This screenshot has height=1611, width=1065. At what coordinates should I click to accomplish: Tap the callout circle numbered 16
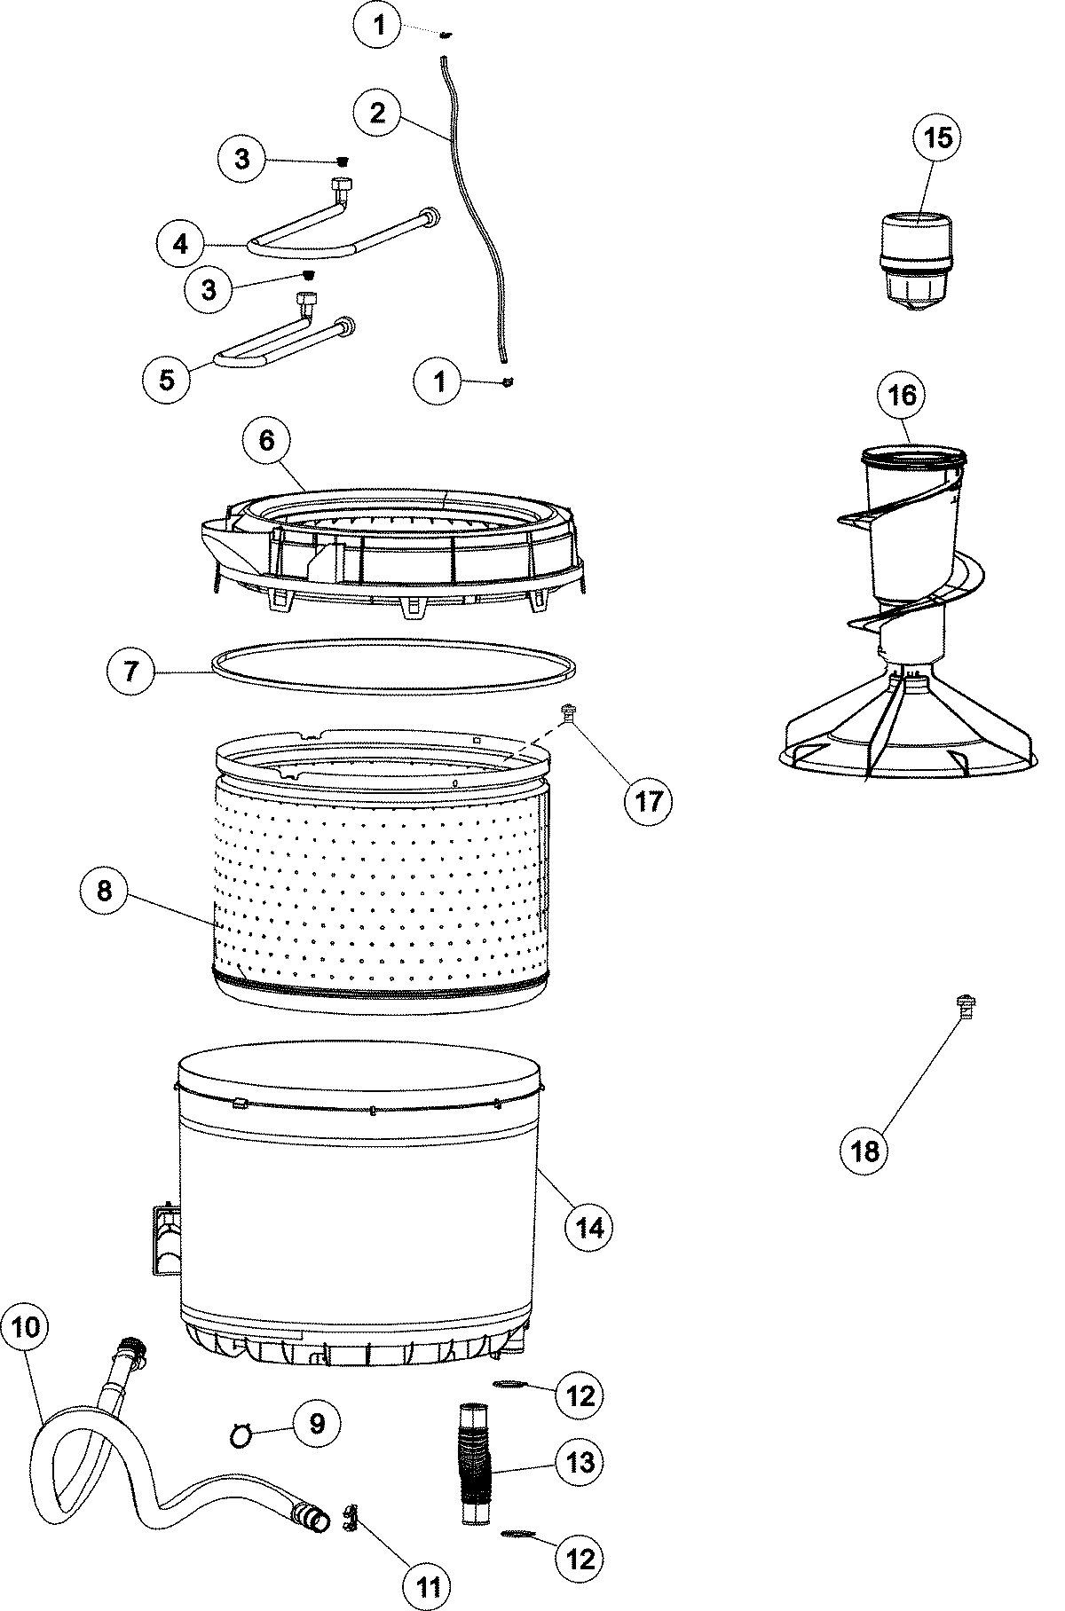(x=902, y=395)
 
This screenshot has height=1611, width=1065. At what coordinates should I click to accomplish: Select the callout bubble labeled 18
(x=865, y=1151)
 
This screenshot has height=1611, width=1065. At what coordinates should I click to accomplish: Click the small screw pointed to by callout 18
(x=966, y=1004)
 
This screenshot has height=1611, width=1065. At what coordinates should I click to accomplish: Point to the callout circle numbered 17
(x=648, y=800)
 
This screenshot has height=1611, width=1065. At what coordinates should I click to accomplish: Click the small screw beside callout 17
(x=566, y=710)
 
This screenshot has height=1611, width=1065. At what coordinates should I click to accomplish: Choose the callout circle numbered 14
(x=589, y=1227)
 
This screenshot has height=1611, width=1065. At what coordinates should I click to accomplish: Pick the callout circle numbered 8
(x=105, y=890)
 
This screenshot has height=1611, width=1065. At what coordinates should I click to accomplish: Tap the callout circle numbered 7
(x=130, y=671)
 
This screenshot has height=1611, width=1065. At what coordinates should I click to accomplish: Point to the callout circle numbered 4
(x=182, y=243)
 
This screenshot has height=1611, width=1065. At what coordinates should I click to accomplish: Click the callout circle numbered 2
(x=377, y=112)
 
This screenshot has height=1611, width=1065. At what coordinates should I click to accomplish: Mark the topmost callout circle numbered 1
(x=379, y=26)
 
